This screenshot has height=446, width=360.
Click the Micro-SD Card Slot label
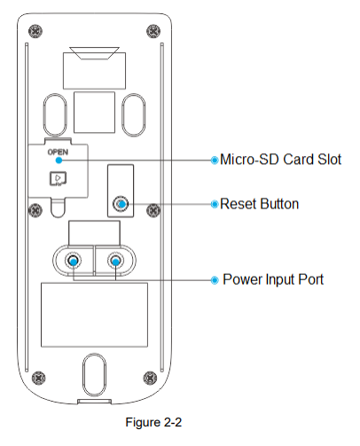(281, 160)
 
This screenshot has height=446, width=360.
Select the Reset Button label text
(260, 204)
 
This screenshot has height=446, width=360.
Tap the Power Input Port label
(273, 279)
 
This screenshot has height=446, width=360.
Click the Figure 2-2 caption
(153, 422)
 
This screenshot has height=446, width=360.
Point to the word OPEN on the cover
(58, 152)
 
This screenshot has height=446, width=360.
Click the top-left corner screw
(35, 31)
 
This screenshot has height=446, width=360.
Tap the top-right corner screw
(153, 31)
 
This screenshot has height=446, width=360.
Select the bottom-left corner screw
(38, 378)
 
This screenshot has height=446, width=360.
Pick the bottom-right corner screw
(150, 378)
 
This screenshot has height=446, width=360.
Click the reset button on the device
(121, 204)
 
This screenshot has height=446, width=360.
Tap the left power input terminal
(73, 261)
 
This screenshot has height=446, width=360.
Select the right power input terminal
(115, 261)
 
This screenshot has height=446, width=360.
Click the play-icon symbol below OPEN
(58, 179)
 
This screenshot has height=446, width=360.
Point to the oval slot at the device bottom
(94, 375)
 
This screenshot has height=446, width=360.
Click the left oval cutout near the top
(55, 115)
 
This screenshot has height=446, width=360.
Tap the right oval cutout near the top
(134, 115)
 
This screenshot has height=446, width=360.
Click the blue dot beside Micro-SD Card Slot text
(215, 160)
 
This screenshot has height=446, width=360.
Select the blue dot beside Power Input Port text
(215, 280)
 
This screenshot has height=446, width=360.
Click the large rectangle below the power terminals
(94, 315)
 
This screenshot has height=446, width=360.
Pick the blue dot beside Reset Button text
(215, 204)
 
